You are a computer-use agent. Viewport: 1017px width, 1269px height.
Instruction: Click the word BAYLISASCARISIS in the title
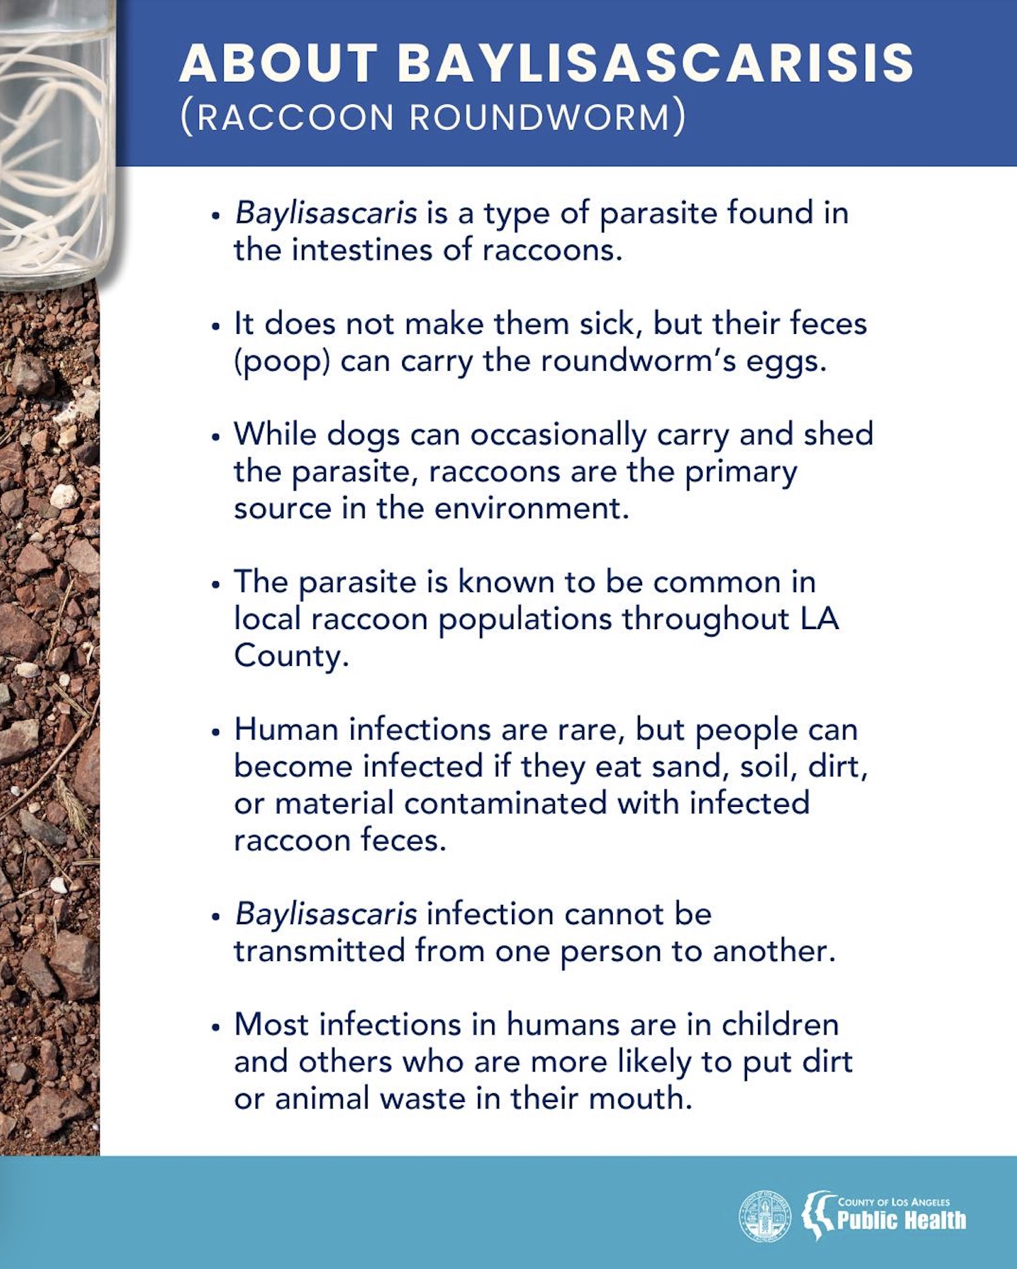[655, 63]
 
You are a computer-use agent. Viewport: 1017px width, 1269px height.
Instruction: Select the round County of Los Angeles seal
[765, 1217]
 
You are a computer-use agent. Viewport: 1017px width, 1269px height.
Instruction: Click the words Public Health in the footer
[901, 1221]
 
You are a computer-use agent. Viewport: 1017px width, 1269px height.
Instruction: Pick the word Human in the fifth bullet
[286, 730]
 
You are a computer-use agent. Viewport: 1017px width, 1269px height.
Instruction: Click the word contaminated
[505, 804]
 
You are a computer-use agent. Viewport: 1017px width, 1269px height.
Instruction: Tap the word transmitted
[319, 951]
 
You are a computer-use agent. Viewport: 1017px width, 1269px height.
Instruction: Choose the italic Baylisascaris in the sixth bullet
[325, 915]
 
